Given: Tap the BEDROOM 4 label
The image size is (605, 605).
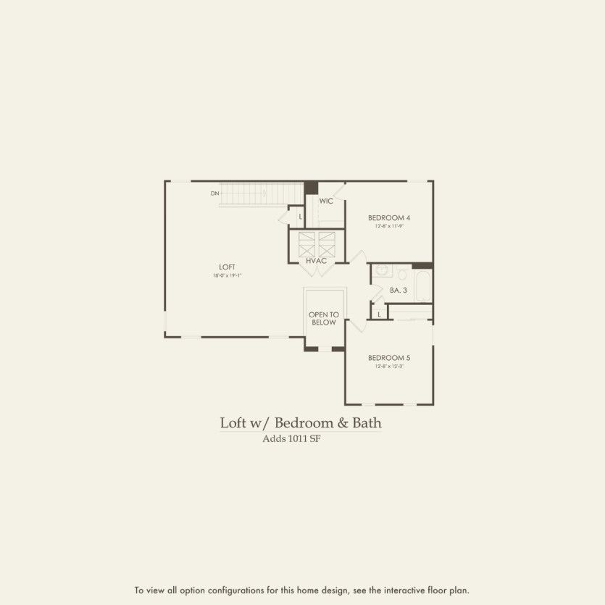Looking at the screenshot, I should coord(389,218).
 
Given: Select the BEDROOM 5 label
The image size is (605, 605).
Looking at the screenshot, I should coord(389,358).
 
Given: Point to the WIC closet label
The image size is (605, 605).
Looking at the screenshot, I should coord(326,201).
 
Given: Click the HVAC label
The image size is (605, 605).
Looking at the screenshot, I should coord(317,260).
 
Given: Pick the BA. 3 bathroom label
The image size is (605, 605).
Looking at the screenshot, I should coord(399,290).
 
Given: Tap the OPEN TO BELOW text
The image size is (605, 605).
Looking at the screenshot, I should coord(323,318).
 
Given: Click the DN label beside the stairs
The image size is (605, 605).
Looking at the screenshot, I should coord(214,193).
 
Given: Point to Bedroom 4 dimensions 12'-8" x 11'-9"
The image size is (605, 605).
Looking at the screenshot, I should coord(389,227).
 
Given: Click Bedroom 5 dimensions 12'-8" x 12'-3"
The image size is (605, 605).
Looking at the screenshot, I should coord(389,367).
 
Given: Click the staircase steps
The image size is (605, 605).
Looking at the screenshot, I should coord(261,194).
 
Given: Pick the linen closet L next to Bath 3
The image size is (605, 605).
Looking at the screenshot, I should coord(379,314).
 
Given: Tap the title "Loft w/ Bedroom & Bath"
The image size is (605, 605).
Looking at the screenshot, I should coord(301,422).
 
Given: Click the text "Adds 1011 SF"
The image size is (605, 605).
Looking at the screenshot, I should coord(291,438).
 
